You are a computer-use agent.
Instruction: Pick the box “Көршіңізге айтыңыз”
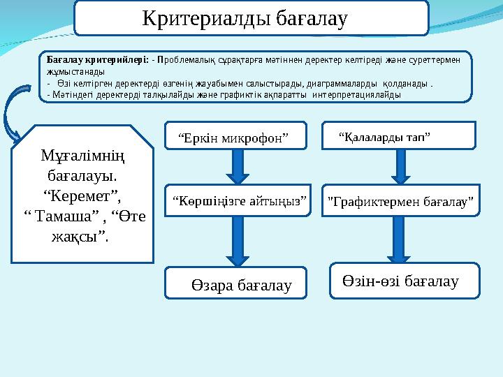coord(239,201)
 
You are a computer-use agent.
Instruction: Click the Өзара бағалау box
coord(236,283)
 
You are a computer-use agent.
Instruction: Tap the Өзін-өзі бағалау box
coord(401,281)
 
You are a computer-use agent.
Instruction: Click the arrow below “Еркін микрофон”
coord(238,168)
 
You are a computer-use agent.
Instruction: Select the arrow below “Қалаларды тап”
coord(401,167)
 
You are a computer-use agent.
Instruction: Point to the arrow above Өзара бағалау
coord(238,241)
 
